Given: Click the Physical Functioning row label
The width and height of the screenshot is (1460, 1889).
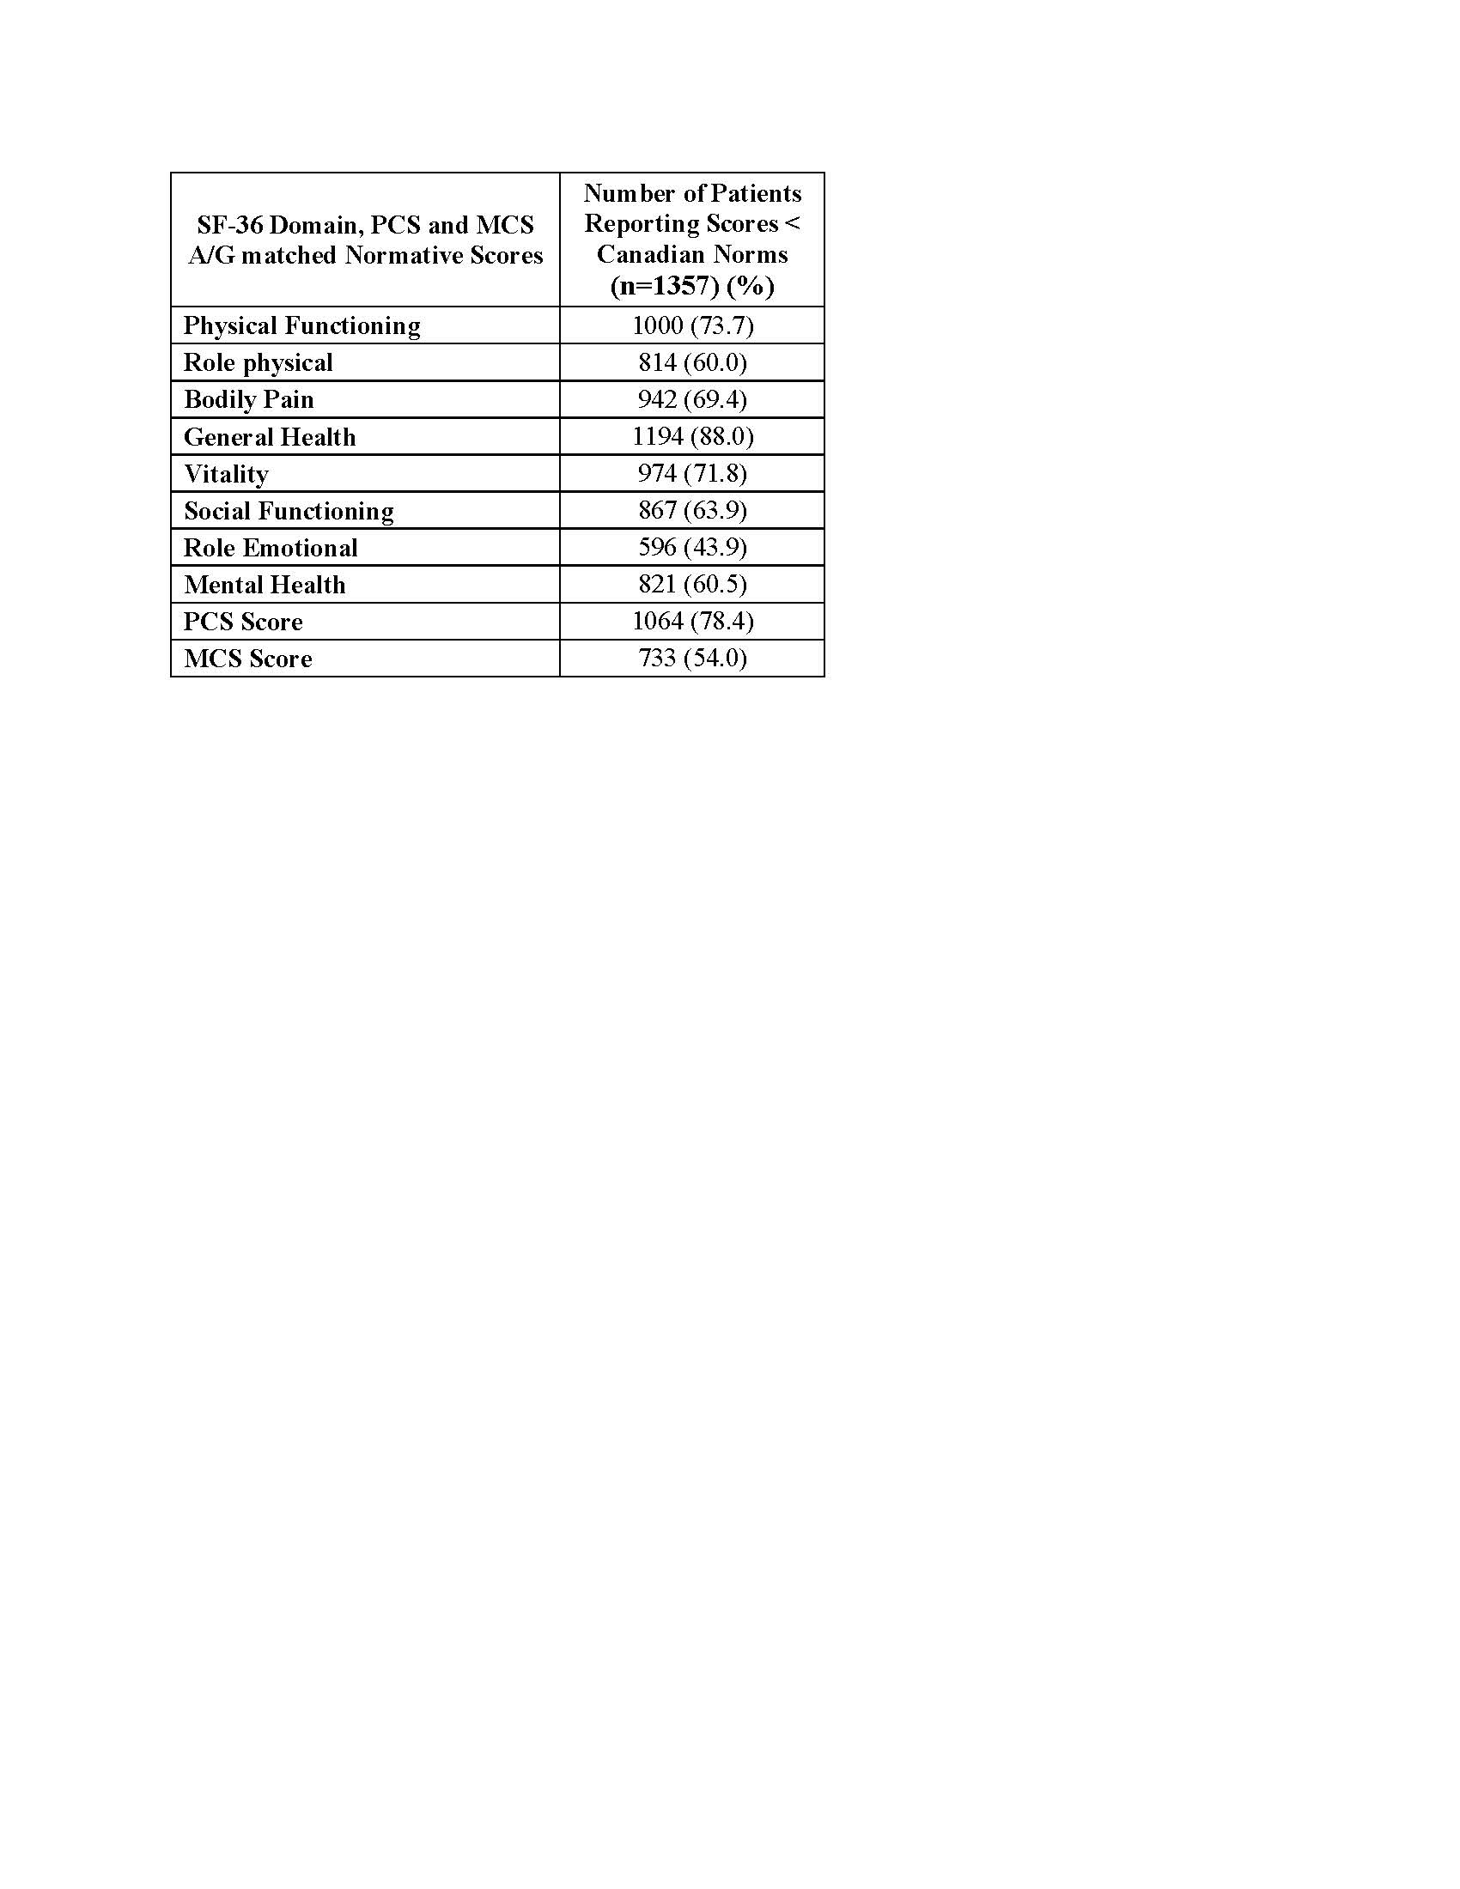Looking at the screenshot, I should click(301, 325).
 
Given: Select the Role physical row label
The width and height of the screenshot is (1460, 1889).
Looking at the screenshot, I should click(258, 362).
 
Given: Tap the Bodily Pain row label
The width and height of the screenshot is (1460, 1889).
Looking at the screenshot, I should click(248, 399).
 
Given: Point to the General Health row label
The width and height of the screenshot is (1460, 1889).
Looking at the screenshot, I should click(269, 437).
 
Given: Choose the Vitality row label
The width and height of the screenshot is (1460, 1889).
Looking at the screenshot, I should click(226, 474).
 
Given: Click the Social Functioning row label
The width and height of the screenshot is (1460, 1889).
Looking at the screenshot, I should click(288, 511).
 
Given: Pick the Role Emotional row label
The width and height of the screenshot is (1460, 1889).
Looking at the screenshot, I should click(270, 548).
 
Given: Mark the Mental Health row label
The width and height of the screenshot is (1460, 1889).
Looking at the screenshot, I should click(264, 585).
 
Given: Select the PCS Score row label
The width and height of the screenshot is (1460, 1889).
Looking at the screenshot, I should click(243, 622).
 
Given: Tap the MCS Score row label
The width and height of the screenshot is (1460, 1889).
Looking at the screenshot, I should click(247, 659).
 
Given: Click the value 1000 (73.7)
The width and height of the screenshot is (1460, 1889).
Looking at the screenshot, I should click(692, 325).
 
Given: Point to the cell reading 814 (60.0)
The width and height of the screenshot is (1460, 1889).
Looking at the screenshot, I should click(692, 362).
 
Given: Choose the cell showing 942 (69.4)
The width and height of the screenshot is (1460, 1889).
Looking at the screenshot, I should click(692, 399).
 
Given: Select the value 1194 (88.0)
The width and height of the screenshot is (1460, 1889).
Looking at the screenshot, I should click(692, 437).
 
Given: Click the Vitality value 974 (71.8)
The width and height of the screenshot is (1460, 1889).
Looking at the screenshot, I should click(692, 474).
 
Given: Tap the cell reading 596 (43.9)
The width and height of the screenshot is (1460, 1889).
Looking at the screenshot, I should click(692, 548).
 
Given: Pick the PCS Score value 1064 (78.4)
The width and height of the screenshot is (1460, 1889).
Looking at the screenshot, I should click(692, 622).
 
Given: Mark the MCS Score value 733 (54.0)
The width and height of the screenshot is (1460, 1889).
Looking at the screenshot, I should click(692, 659).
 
